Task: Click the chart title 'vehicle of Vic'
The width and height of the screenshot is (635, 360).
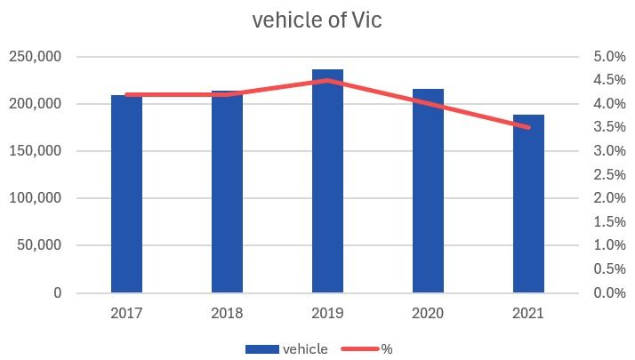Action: pyautogui.click(x=317, y=20)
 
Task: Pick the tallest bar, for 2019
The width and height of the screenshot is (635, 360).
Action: pyautogui.click(x=327, y=181)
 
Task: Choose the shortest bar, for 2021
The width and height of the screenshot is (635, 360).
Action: pyautogui.click(x=528, y=204)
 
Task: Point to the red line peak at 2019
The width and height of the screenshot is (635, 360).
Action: pyautogui.click(x=327, y=80)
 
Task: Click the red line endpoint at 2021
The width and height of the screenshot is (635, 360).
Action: pyautogui.click(x=528, y=127)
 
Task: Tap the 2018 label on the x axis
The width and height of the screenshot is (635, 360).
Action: pyautogui.click(x=227, y=314)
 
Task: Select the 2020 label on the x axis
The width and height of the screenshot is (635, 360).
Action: pyautogui.click(x=428, y=314)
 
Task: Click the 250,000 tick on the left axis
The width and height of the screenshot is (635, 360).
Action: pyautogui.click(x=36, y=57)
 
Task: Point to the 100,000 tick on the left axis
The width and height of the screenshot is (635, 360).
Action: pyautogui.click(x=36, y=198)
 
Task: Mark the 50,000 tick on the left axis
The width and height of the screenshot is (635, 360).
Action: pyautogui.click(x=39, y=245)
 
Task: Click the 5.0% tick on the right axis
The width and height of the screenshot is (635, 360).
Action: pyautogui.click(x=609, y=57)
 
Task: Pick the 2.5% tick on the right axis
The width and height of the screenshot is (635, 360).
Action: pyautogui.click(x=609, y=175)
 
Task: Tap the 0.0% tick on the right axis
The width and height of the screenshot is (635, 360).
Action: pyautogui.click(x=609, y=292)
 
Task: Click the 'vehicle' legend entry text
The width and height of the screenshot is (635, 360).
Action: pyautogui.click(x=304, y=349)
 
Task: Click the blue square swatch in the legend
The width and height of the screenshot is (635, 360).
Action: pyautogui.click(x=261, y=349)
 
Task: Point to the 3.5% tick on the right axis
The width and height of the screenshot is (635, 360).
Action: pyautogui.click(x=609, y=128)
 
